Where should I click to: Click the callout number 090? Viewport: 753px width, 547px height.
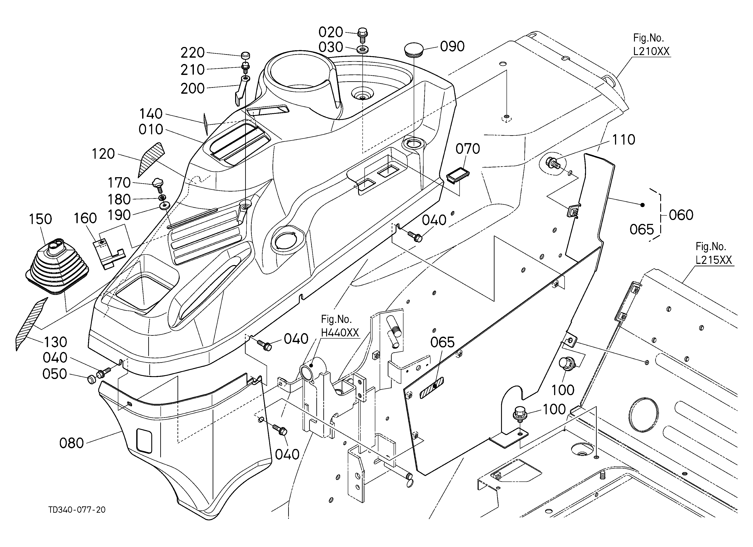tap(452, 47)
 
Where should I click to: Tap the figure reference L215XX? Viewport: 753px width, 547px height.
tap(714, 260)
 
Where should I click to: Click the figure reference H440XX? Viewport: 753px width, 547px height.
tap(340, 332)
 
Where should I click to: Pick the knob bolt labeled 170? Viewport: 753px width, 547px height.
tap(159, 185)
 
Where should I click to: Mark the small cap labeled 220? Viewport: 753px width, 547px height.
tap(246, 55)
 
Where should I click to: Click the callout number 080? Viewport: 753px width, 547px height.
tap(71, 443)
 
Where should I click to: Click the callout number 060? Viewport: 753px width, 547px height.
tap(681, 215)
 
